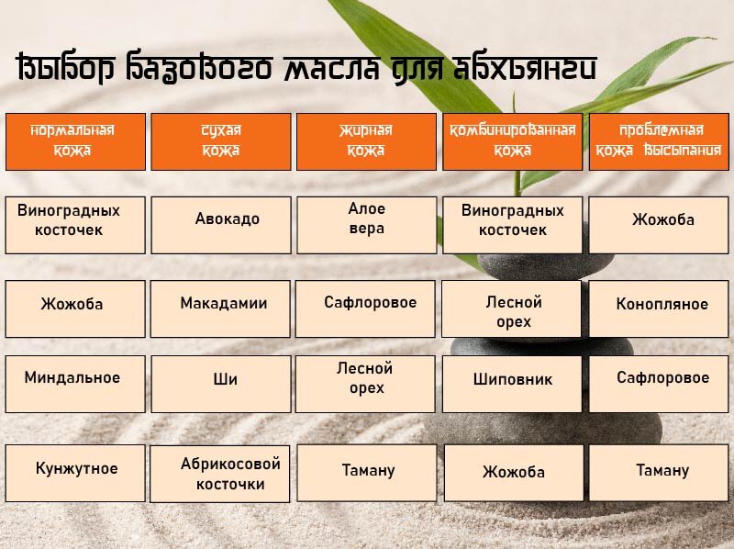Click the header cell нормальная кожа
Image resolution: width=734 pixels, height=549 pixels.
75,140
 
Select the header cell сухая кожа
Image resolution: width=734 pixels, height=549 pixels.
220,140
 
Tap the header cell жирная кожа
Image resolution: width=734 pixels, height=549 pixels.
366,140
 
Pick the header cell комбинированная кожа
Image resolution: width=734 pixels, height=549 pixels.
512,140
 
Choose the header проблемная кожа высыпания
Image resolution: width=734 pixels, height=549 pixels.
658,140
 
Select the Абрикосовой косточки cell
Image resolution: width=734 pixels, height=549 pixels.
220,473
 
